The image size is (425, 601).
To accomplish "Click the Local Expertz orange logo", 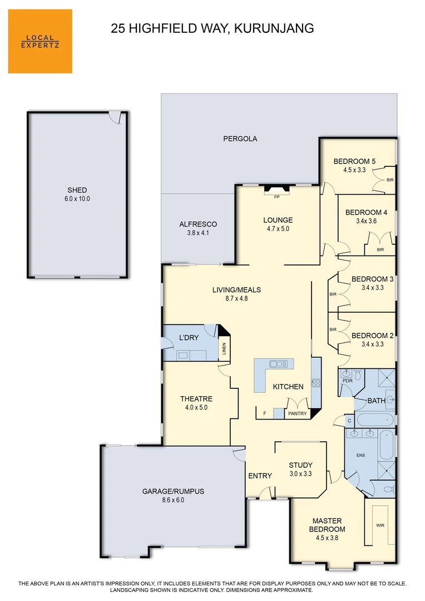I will click(40, 41).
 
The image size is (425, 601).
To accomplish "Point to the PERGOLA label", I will click(240, 139).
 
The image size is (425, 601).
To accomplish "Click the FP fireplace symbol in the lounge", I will click(276, 195).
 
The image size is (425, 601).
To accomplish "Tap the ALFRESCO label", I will click(198, 224).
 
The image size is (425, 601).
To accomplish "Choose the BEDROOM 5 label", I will click(354, 161).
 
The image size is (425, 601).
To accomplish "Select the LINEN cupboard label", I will click(224, 349).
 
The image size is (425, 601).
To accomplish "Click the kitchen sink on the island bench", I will click(279, 364).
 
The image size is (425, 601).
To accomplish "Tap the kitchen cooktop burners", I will click(316, 383).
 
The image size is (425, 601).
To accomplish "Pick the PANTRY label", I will click(297, 413).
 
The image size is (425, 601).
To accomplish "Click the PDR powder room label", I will click(347, 381).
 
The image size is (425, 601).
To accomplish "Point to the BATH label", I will click(377, 400).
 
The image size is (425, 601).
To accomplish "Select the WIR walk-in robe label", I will click(380, 525).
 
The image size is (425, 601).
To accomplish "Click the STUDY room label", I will click(300, 465).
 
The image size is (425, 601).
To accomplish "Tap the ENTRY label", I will click(260, 476).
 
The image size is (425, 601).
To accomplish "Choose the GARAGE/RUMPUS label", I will click(173, 491).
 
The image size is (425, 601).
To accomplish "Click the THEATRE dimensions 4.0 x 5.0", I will click(196, 407).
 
